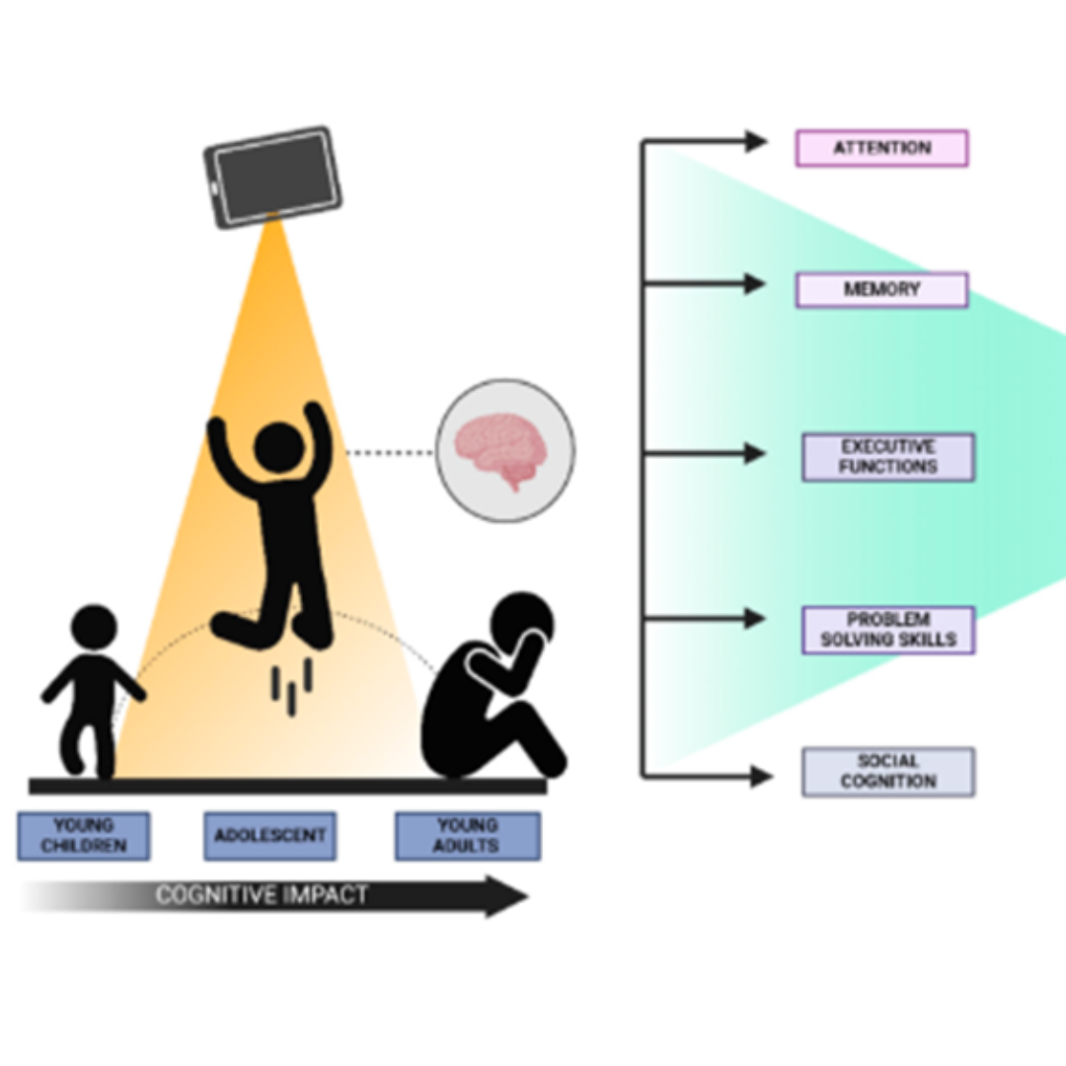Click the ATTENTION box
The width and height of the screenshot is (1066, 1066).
(881, 148)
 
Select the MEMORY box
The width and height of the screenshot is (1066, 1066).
(881, 290)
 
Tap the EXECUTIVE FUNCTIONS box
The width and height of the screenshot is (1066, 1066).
(887, 457)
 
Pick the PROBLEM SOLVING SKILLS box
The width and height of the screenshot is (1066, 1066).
(887, 630)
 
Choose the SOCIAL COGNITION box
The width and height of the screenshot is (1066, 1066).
(887, 772)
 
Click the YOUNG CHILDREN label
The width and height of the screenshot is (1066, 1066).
(84, 836)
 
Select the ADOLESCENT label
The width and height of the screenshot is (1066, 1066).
(269, 836)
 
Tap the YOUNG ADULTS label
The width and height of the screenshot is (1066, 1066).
(467, 836)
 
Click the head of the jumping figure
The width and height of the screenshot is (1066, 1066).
(278, 446)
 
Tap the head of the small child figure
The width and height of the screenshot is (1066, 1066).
(95, 628)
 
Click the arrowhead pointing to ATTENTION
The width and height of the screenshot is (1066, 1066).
(756, 141)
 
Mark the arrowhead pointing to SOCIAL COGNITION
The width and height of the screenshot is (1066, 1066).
(760, 777)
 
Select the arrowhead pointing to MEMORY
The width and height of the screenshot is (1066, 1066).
(755, 284)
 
